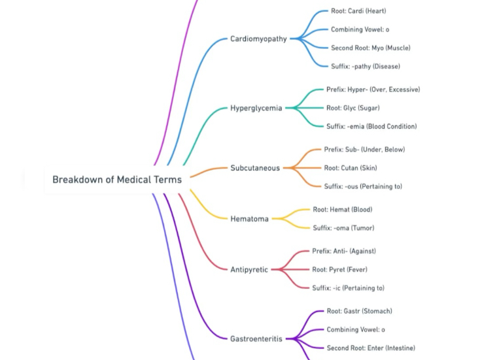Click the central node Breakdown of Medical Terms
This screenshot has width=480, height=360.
(x=116, y=179)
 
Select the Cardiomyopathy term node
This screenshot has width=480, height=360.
(x=258, y=39)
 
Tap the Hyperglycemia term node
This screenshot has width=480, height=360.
(x=256, y=108)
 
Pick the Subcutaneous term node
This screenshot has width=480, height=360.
(x=254, y=168)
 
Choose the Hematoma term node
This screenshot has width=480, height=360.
(x=249, y=219)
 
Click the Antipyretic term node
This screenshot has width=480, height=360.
(x=249, y=269)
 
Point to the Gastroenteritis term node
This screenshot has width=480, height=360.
(x=256, y=338)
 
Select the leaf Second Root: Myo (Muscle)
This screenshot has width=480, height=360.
(x=370, y=48)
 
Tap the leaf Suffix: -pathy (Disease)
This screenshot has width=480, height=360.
(x=365, y=66)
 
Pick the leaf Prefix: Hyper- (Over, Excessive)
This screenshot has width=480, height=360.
(x=373, y=90)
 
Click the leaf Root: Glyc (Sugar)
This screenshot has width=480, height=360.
(x=352, y=108)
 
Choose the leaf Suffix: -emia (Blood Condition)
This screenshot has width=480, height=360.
(x=371, y=126)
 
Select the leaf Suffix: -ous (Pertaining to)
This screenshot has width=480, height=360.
(x=363, y=186)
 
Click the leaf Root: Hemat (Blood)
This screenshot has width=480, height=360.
(x=342, y=210)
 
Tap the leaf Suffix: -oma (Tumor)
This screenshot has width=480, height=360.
(x=343, y=228)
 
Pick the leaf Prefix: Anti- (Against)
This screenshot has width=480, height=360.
(x=344, y=251)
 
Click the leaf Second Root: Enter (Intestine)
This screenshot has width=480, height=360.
(x=370, y=348)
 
